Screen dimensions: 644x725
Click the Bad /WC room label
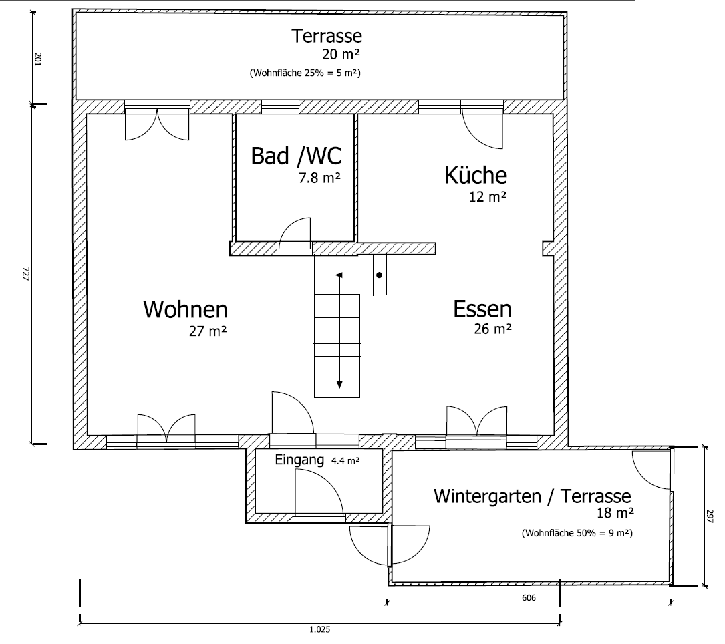(295, 156)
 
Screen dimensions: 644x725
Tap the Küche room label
(476, 175)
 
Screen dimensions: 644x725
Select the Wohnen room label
(185, 310)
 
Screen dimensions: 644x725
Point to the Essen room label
(482, 309)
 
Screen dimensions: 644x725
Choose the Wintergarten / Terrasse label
(532, 496)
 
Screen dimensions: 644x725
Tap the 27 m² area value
(208, 330)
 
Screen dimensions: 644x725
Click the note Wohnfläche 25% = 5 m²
(305, 72)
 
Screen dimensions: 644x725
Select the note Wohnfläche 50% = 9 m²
(577, 533)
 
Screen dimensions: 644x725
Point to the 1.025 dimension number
(319, 629)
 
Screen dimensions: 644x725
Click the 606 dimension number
(529, 598)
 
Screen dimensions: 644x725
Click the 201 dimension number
(37, 60)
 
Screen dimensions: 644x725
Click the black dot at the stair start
(379, 275)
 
